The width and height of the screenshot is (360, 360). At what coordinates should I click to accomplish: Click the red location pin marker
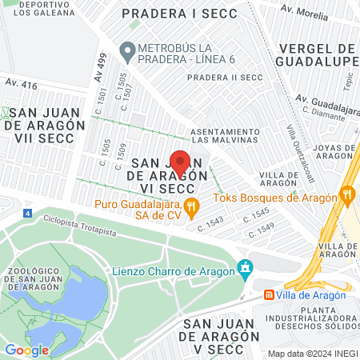tap(180, 162)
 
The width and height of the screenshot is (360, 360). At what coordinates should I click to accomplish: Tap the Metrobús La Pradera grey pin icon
tap(126, 50)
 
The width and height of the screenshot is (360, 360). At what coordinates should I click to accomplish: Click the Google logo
tap(26, 350)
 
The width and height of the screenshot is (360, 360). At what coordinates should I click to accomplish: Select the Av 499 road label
tap(100, 63)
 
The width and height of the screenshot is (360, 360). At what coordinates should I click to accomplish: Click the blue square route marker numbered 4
tap(28, 214)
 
